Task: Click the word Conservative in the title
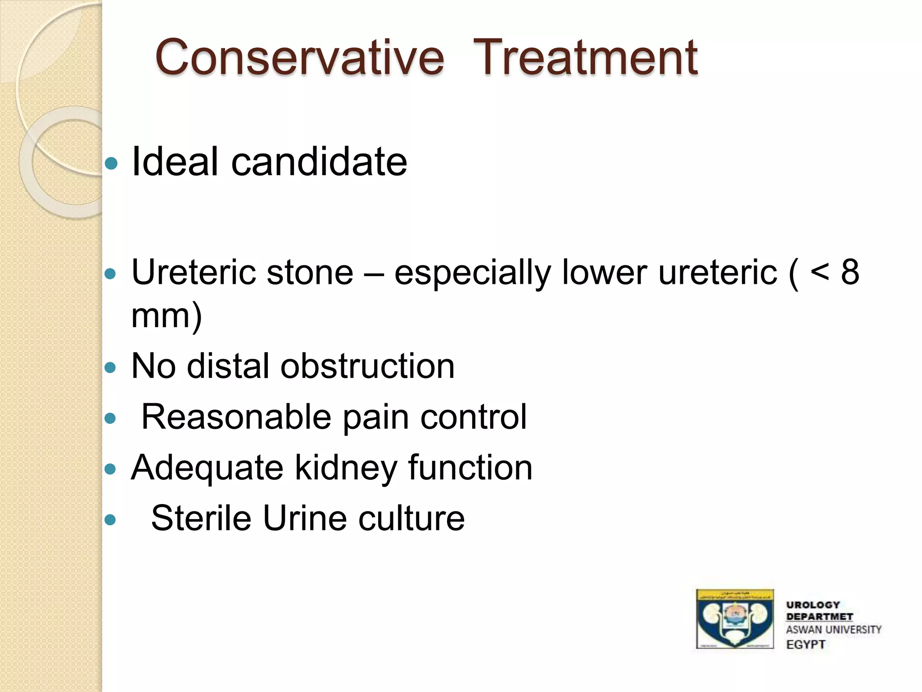(299, 58)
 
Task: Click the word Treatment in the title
(585, 58)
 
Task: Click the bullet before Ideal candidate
(111, 163)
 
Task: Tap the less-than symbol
(819, 273)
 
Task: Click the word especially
(473, 273)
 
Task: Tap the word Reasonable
(236, 417)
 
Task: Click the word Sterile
(201, 518)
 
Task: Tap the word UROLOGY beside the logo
(813, 605)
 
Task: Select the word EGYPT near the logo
(806, 645)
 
